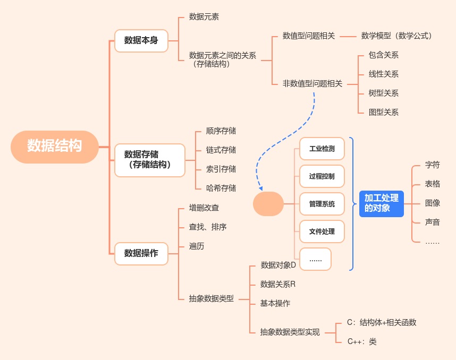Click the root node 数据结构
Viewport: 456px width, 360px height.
click(x=55, y=146)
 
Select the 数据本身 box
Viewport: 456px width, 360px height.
click(x=141, y=40)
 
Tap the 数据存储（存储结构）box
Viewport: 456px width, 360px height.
click(x=150, y=159)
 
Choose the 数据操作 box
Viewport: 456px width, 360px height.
click(x=141, y=253)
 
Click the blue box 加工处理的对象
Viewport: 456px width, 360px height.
click(x=381, y=203)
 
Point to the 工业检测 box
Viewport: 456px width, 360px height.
click(x=322, y=149)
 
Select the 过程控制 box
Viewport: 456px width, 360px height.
click(x=322, y=176)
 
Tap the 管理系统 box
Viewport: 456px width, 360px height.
click(x=322, y=204)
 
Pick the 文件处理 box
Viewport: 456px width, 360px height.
click(x=322, y=232)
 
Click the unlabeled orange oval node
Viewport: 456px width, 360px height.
click(x=268, y=204)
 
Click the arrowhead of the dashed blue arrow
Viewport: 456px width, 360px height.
click(x=260, y=188)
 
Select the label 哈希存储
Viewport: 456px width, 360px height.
click(x=221, y=188)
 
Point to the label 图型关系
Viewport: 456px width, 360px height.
click(x=383, y=112)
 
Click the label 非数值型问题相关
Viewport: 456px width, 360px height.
click(x=313, y=83)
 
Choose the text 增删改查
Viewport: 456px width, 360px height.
click(x=204, y=208)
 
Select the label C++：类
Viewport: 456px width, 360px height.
click(x=362, y=341)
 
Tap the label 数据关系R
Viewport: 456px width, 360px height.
click(x=277, y=284)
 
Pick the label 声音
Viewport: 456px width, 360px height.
click(x=433, y=222)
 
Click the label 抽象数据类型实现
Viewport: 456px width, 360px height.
click(x=290, y=332)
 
